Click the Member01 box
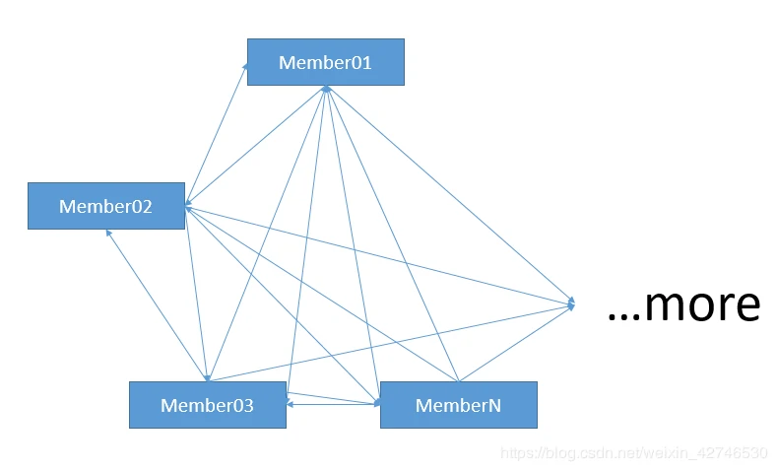[325, 62]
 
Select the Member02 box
[105, 206]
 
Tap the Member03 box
[207, 405]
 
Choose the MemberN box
[458, 405]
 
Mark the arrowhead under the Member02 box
[109, 233]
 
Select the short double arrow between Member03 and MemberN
[335, 404]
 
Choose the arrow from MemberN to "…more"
[517, 343]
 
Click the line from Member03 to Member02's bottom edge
[158, 305]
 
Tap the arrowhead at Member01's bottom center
[325, 89]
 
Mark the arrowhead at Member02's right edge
[187, 207]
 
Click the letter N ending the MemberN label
[494, 405]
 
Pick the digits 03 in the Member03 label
[242, 405]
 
